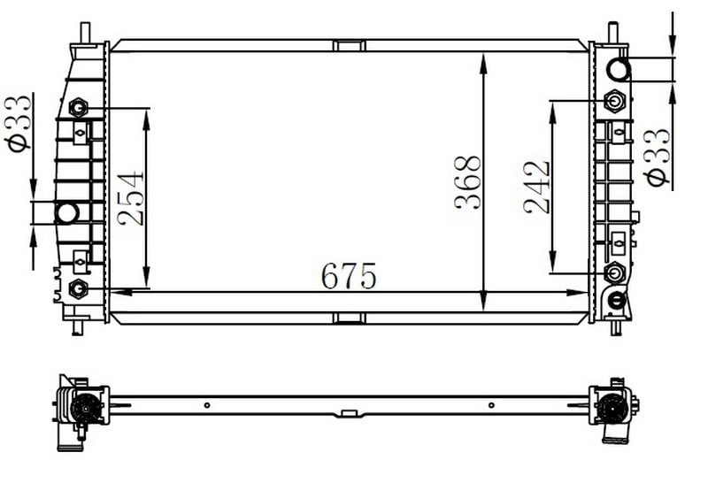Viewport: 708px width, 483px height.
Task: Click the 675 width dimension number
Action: (349, 276)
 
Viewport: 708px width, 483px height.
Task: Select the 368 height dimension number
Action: (468, 183)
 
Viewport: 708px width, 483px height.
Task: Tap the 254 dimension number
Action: (130, 198)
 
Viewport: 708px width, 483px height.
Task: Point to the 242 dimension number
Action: (536, 188)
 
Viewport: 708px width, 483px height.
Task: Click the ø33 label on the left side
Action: (18, 123)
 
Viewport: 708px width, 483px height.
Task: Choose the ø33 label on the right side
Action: (658, 157)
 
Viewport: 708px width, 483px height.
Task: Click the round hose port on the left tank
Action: (67, 212)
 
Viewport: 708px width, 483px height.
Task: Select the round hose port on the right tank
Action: (618, 70)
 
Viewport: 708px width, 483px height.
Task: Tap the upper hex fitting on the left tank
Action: (79, 108)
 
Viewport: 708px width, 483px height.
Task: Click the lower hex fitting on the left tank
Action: (79, 288)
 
